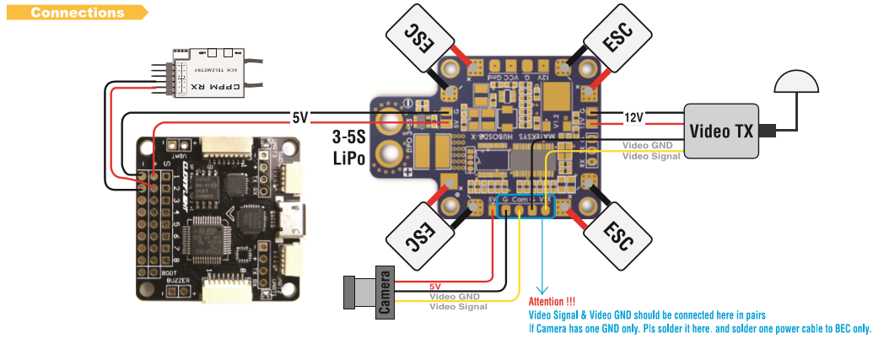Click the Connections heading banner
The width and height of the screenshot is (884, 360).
[x=78, y=13]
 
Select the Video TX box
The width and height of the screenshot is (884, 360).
[x=721, y=131]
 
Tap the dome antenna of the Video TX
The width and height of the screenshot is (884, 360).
[x=796, y=83]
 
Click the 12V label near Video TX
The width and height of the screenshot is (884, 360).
[x=633, y=117]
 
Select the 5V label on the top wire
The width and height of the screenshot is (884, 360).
[x=299, y=117]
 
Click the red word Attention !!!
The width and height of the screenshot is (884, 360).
[x=552, y=302]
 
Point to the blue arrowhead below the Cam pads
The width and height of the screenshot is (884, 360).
[x=541, y=289]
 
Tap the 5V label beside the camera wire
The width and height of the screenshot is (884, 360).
[x=435, y=287]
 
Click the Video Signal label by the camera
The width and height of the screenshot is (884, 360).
[x=458, y=306]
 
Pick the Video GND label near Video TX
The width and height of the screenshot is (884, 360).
[x=647, y=145]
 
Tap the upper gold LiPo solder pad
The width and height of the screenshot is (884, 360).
[x=391, y=122]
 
